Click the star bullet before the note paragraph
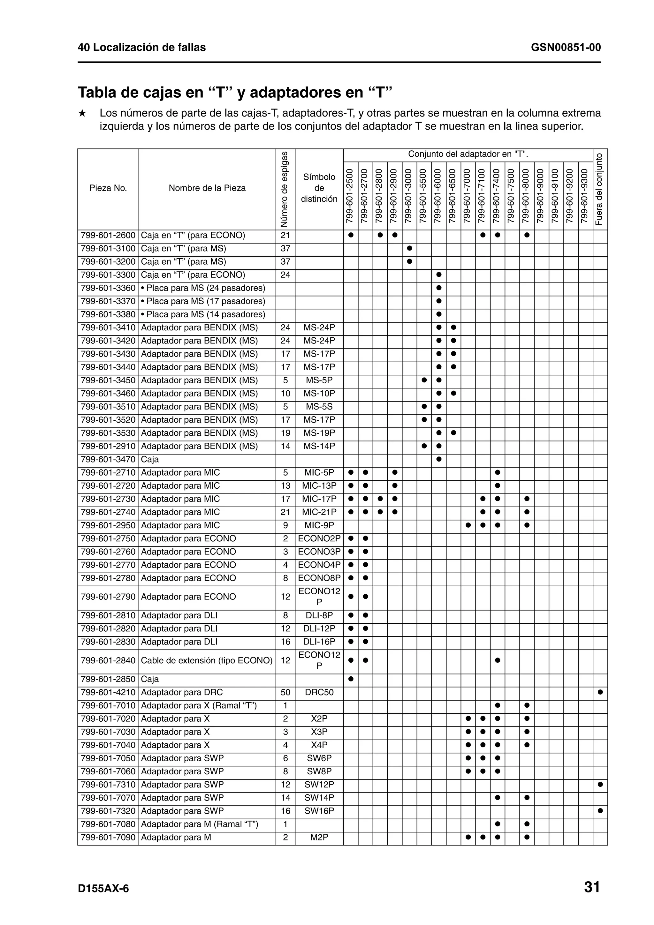(x=82, y=113)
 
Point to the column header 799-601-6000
(x=439, y=196)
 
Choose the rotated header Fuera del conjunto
(x=600, y=189)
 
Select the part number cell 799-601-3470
(x=108, y=460)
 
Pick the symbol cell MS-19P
(x=319, y=433)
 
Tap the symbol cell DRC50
(x=319, y=692)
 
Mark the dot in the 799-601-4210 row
(x=600, y=692)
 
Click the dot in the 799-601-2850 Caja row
(x=351, y=679)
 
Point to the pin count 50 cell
(x=285, y=692)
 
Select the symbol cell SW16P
(x=319, y=811)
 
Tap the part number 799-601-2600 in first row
(x=108, y=235)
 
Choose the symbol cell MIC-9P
(x=319, y=525)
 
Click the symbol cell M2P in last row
(x=319, y=837)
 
